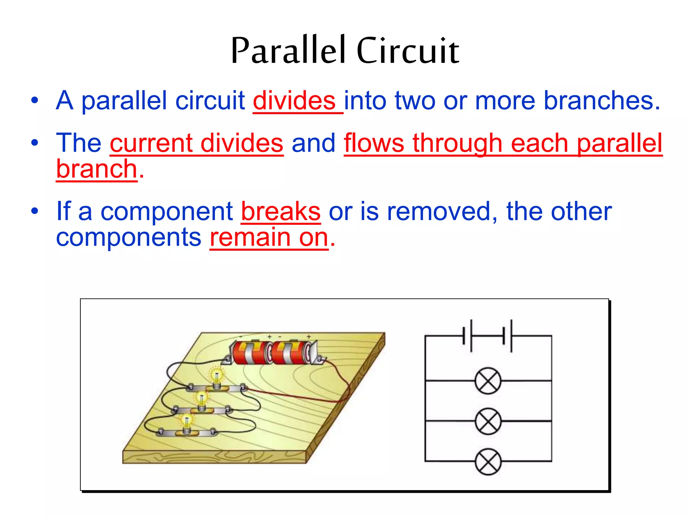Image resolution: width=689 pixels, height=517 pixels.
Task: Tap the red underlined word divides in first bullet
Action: pos(294,101)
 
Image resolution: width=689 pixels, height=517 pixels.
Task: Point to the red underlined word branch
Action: pos(97,169)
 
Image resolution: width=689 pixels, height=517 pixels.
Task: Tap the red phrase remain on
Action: pos(269,237)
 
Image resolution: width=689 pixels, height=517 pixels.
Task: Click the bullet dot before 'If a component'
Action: pos(35,211)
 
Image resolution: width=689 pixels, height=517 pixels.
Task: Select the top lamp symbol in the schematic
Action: pos(488,381)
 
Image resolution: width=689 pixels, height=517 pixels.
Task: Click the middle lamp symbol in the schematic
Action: pos(488,421)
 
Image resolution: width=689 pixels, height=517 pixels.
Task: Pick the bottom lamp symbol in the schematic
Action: pos(488,461)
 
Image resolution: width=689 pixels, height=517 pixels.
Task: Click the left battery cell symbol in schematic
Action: pos(468,336)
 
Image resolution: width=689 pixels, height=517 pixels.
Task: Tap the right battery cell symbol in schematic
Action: pos(507,336)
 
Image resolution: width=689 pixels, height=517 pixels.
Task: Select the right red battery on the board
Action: pos(291,353)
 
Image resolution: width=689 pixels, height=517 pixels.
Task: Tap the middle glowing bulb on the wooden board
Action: pos(202,400)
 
